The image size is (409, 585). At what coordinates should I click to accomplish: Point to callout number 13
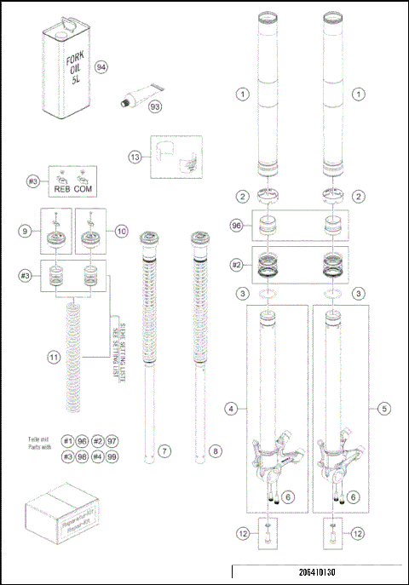135,158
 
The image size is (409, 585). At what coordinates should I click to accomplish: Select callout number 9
26,229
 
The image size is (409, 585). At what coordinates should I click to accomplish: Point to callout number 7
165,450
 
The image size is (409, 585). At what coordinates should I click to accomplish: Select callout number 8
214,450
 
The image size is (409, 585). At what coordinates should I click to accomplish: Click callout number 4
231,409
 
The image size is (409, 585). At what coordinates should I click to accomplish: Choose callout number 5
383,409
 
